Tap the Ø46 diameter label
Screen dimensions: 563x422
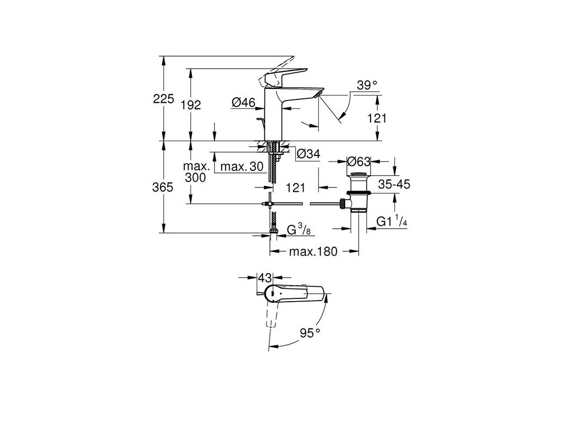pos(242,102)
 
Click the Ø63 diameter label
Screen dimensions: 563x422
pos(359,161)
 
